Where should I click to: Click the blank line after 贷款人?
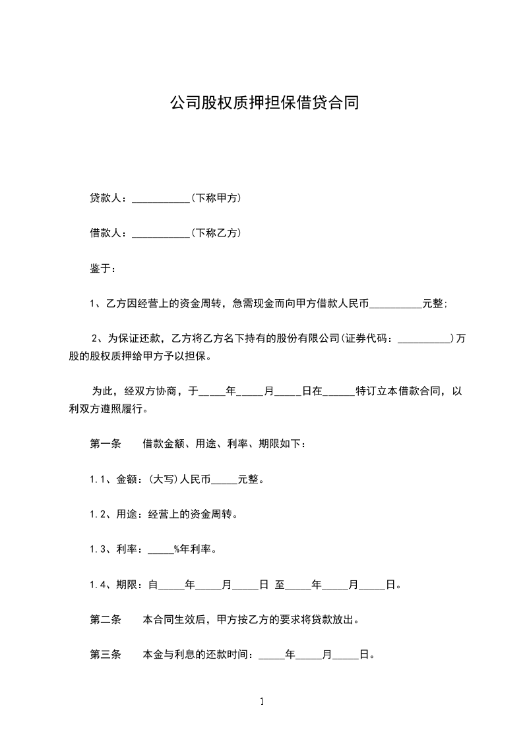coord(160,198)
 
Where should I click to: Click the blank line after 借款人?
coord(160,233)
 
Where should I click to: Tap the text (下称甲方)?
coord(216,198)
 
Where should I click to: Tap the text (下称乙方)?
coord(216,233)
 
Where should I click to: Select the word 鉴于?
coord(100,269)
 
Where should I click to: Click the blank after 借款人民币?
coord(396,304)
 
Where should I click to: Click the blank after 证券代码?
coord(425,339)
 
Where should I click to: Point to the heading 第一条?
coord(106,444)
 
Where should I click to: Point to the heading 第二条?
coord(106,620)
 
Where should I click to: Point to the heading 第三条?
coord(106,655)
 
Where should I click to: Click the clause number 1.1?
coord(98,479)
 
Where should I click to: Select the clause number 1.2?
coord(98,514)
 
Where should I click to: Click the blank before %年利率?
coord(160,549)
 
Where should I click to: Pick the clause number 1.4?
coord(98,585)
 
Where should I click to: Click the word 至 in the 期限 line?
coord(280,585)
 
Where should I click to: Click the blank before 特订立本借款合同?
coord(340,391)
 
